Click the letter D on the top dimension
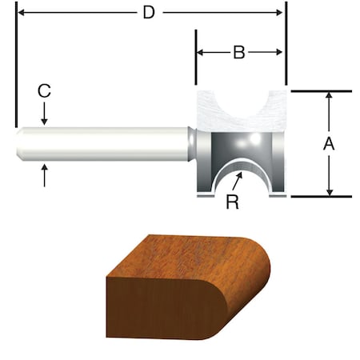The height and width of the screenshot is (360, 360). (147, 13)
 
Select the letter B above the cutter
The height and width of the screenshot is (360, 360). (238, 54)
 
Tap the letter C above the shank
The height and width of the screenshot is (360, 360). (45, 92)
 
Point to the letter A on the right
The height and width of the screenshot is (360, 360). (328, 144)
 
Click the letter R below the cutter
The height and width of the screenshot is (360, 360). (232, 202)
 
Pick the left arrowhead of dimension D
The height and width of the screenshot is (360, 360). (22, 13)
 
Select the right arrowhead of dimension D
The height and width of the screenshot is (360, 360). (279, 13)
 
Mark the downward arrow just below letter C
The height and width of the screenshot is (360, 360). (45, 118)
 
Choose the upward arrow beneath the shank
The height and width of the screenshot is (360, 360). (45, 169)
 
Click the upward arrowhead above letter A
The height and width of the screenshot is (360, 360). (329, 97)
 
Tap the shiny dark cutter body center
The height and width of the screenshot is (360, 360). (240, 148)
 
